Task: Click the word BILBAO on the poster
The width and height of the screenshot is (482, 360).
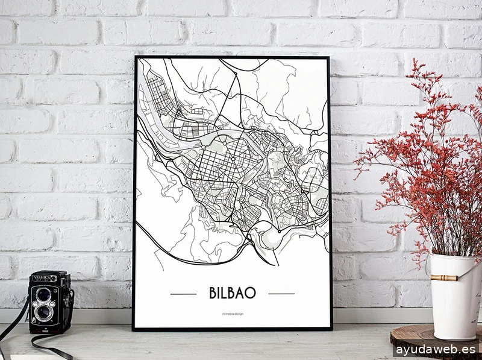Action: click(233, 292)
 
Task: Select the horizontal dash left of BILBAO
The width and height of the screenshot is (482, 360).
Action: click(184, 294)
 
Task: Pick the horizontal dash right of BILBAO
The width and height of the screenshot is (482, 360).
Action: click(281, 294)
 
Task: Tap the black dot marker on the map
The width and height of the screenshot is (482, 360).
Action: click(280, 230)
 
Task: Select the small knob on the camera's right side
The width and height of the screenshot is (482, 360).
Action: click(71, 296)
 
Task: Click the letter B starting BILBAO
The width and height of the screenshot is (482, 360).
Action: click(214, 292)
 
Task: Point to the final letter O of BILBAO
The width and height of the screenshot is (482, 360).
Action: click(251, 292)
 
